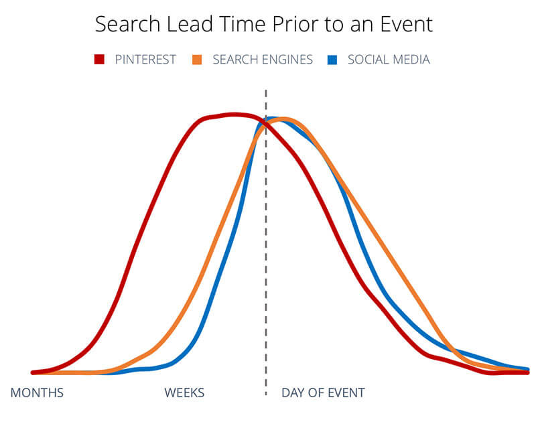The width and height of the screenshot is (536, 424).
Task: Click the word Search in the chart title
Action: coord(128,24)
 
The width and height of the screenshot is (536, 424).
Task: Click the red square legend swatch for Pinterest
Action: coord(100,60)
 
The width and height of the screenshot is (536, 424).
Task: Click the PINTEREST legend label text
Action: coord(145,60)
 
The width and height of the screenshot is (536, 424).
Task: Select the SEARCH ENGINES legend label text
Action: coord(263,60)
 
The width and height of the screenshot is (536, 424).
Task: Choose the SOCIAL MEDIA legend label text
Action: coord(389,60)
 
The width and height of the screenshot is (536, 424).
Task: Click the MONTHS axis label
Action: coord(37,393)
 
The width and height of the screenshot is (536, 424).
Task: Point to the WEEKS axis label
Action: coord(184,393)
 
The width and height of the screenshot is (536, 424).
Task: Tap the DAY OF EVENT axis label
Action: coord(323,393)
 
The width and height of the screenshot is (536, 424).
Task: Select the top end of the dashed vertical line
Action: coord(266,90)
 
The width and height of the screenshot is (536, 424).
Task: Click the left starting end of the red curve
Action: coord(32,372)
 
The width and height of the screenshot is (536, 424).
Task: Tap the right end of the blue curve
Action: coord(529,369)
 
